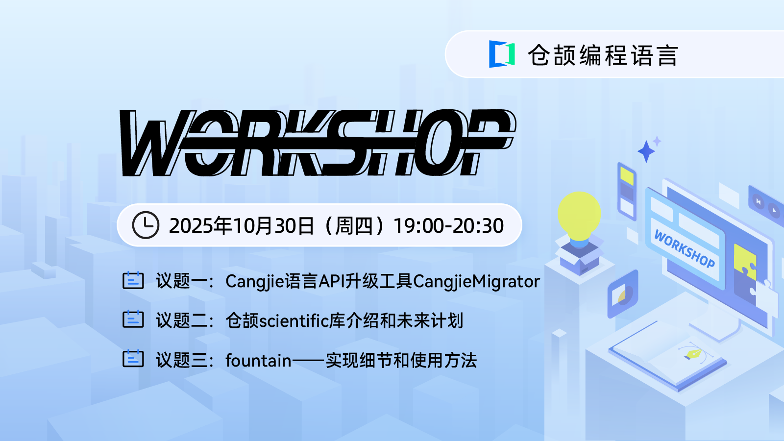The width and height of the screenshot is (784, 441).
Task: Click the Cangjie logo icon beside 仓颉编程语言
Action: click(502, 54)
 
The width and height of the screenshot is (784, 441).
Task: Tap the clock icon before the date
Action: click(146, 225)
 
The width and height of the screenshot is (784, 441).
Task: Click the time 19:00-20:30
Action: click(448, 226)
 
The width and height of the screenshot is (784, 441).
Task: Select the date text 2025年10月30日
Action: click(241, 226)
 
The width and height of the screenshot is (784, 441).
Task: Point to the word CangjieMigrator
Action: click(476, 281)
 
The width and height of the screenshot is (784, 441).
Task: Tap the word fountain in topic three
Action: click(258, 361)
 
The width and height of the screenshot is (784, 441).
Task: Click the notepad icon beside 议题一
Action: click(133, 280)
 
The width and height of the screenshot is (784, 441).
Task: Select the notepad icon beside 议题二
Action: click(133, 319)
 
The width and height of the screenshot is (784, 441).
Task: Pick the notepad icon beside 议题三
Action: click(133, 359)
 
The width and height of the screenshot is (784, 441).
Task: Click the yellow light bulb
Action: click(579, 214)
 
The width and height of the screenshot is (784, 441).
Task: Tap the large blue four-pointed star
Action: click(646, 151)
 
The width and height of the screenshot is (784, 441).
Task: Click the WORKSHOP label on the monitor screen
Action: click(685, 249)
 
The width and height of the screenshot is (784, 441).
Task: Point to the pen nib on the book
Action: click(693, 354)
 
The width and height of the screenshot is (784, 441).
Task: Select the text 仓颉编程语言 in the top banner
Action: click(603, 55)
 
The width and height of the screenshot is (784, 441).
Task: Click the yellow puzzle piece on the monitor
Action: click(745, 262)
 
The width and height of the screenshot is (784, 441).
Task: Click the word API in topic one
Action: click(332, 281)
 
